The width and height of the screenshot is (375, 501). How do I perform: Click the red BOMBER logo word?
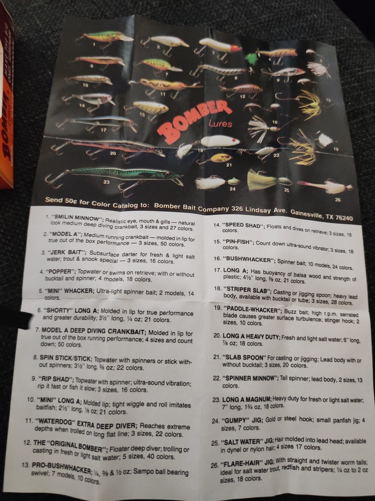(196, 122)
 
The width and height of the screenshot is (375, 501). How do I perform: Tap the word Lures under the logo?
(220, 124)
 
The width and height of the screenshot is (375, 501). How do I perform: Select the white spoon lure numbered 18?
(219, 142)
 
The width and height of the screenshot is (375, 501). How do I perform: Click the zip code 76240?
(344, 218)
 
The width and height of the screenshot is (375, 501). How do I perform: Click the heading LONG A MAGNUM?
(246, 399)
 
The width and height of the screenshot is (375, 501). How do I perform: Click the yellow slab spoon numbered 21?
(221, 159)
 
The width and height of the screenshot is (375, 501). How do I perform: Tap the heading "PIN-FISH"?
(238, 242)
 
